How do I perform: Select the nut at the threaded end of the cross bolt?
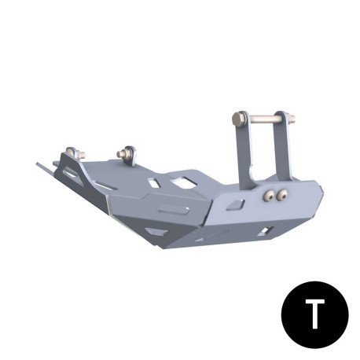pos(292,121)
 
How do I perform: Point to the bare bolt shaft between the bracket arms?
pos(264,119)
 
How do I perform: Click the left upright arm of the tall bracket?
pos(244,153)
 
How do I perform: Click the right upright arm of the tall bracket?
pos(281,149)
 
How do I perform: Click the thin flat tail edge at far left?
pos(44,167)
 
